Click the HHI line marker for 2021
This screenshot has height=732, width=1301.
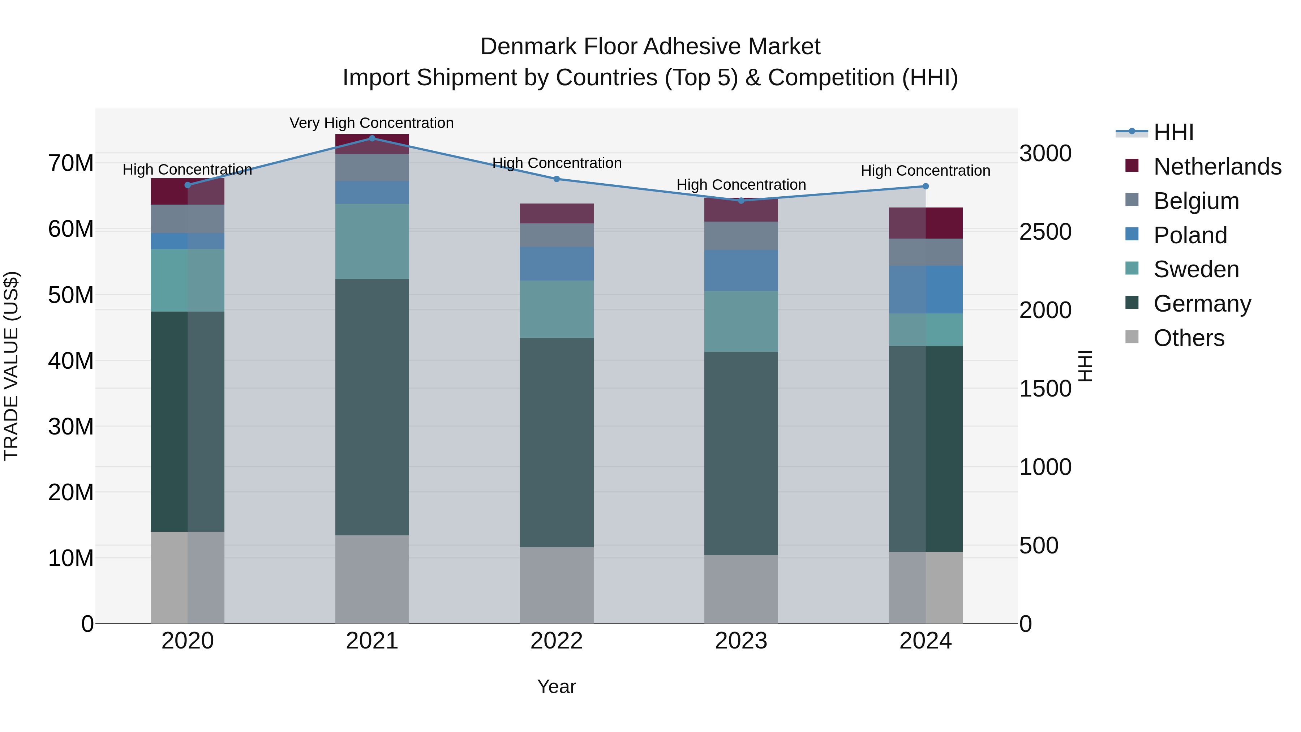point(372,138)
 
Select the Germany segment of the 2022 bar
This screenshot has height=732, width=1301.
point(557,442)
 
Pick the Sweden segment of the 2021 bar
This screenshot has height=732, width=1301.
point(372,241)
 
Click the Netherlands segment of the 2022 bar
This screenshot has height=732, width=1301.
point(557,213)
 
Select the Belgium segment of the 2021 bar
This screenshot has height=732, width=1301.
point(372,167)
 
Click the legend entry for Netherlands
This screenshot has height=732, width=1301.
point(1217,167)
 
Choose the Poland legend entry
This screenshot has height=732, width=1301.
point(1190,235)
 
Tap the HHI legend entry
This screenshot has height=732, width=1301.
point(1173,132)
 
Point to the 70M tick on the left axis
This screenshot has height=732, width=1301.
point(71,164)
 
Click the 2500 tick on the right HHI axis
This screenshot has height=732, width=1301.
point(1045,232)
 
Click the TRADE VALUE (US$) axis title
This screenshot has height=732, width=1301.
point(11,366)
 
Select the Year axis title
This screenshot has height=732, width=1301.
point(556,686)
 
